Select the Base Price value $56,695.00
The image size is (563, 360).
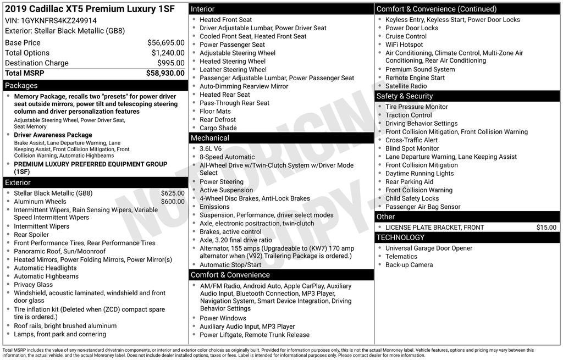165,42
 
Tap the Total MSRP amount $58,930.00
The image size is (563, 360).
165,73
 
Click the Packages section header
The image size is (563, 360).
21,86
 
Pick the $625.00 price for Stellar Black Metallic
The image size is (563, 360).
172,193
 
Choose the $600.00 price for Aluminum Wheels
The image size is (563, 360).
172,202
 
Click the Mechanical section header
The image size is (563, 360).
210,138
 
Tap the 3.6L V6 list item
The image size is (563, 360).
211,148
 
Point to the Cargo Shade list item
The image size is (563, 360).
218,128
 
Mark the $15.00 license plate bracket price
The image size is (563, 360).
546,228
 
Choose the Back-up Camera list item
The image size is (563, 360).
409,265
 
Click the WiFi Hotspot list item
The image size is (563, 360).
404,45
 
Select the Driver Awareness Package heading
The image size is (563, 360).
53,135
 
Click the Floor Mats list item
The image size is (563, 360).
215,112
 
